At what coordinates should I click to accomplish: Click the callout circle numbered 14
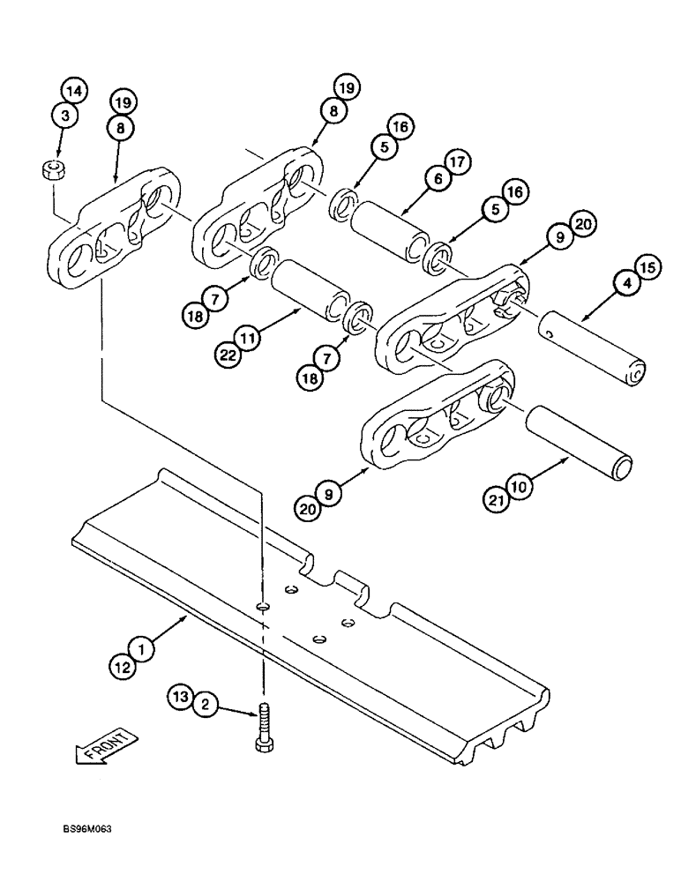click(74, 90)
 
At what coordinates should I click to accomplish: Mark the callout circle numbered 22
click(228, 355)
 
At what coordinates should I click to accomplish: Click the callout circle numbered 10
click(520, 485)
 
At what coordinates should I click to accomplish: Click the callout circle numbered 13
click(180, 698)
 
